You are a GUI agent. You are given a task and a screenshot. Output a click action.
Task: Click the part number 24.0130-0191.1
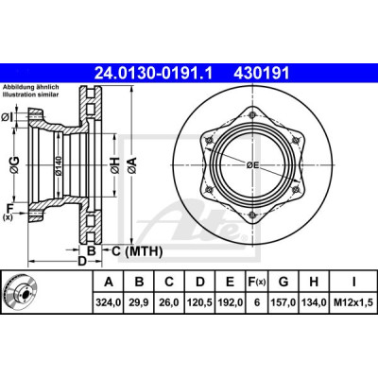pyautogui.click(x=154, y=74)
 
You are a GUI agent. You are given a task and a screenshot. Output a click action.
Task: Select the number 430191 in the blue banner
pyautogui.click(x=261, y=74)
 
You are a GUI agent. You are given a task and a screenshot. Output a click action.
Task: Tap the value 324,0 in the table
pyautogui.click(x=109, y=302)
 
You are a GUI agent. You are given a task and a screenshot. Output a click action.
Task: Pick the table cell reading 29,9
pyautogui.click(x=139, y=302)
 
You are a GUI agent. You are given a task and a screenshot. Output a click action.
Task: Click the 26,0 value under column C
pyautogui.click(x=169, y=302)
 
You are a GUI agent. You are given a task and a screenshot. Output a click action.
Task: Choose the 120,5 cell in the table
pyautogui.click(x=199, y=302)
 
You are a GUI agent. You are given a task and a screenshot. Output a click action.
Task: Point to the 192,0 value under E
pyautogui.click(x=231, y=302)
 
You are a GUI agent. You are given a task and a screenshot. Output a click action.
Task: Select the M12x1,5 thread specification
pyautogui.click(x=353, y=302)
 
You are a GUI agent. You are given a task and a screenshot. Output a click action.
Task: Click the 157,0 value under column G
pyautogui.click(x=283, y=302)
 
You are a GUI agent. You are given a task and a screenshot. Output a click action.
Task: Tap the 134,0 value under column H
pyautogui.click(x=314, y=302)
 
